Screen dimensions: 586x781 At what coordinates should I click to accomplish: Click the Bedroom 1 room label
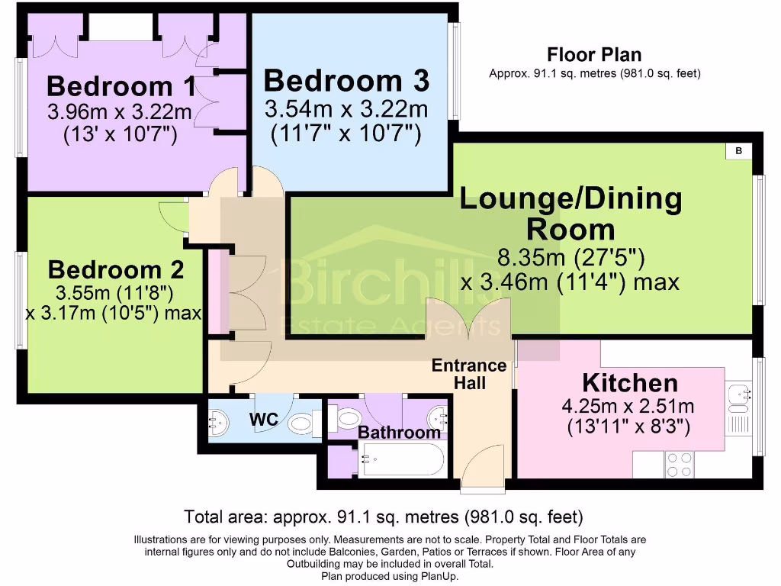coord(121,85)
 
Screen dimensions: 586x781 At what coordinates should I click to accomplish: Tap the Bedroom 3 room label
coord(346,80)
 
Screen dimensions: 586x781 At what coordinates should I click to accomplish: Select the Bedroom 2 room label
coord(116,269)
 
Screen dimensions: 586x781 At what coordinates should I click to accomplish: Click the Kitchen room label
coord(629,382)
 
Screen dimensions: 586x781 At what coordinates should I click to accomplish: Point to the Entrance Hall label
coord(469,374)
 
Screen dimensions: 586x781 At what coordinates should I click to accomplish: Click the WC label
coord(263,419)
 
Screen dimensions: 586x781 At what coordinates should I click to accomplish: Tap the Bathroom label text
coord(399,433)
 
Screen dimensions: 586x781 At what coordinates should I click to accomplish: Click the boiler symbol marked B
coord(738,151)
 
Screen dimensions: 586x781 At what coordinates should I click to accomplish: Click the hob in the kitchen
coord(680,460)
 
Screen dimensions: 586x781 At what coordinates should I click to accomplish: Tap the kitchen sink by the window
coord(738,396)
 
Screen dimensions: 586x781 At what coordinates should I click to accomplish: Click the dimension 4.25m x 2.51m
coord(629,407)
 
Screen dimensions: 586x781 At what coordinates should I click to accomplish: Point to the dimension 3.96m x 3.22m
coord(119,113)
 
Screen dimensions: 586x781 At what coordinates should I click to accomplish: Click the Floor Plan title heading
coord(594,55)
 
